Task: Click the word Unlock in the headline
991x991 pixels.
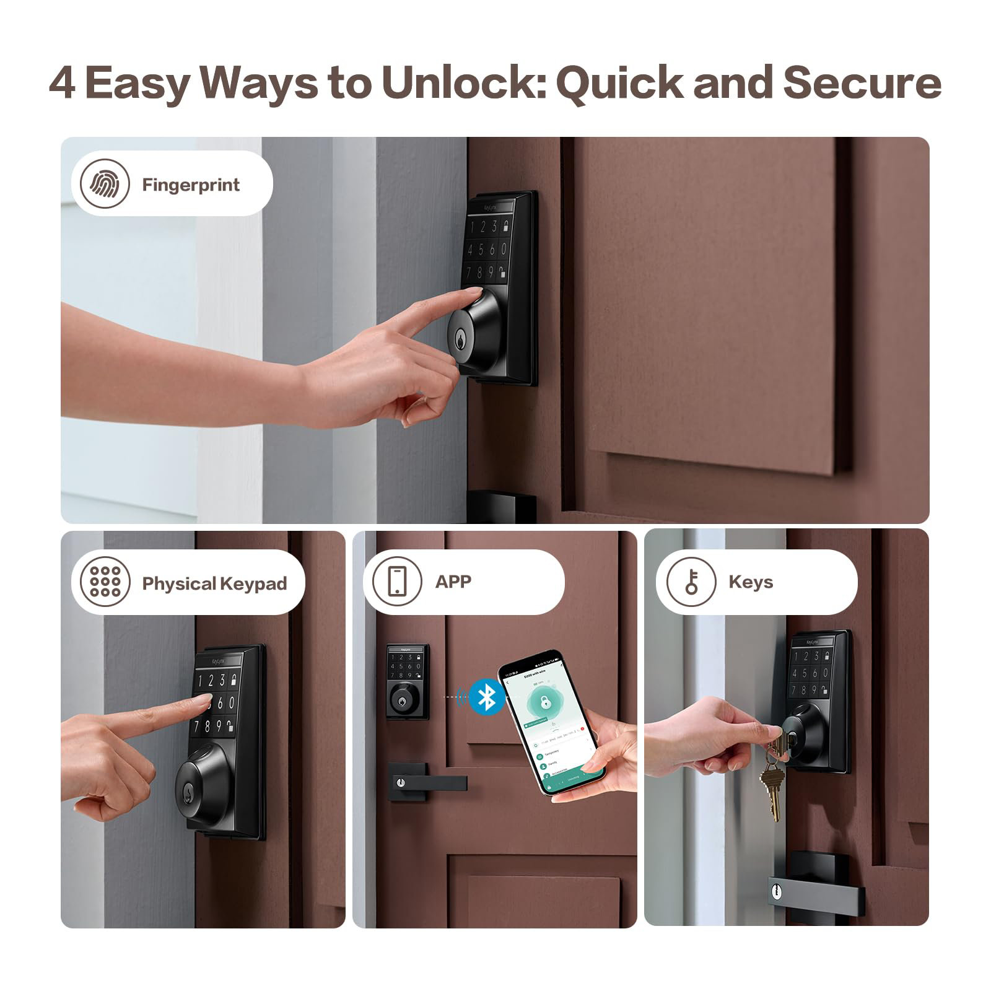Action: coord(461,82)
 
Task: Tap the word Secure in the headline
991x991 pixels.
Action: coord(862,82)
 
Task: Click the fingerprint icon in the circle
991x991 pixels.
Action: coord(105,184)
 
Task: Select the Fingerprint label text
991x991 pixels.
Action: coord(191,185)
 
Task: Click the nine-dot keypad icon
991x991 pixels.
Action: coord(105,582)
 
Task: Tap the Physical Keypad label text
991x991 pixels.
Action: coord(214,583)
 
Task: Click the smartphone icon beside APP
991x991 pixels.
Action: coord(397,581)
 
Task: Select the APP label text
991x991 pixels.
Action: coord(453,582)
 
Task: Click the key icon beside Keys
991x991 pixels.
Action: coord(691,582)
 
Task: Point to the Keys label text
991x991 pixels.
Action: coord(751,582)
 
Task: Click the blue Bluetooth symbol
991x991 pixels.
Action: coord(487,697)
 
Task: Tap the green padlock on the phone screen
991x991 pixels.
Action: coord(544,702)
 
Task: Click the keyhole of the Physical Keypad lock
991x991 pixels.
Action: coord(188,790)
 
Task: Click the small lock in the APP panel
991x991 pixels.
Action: coord(407,681)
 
